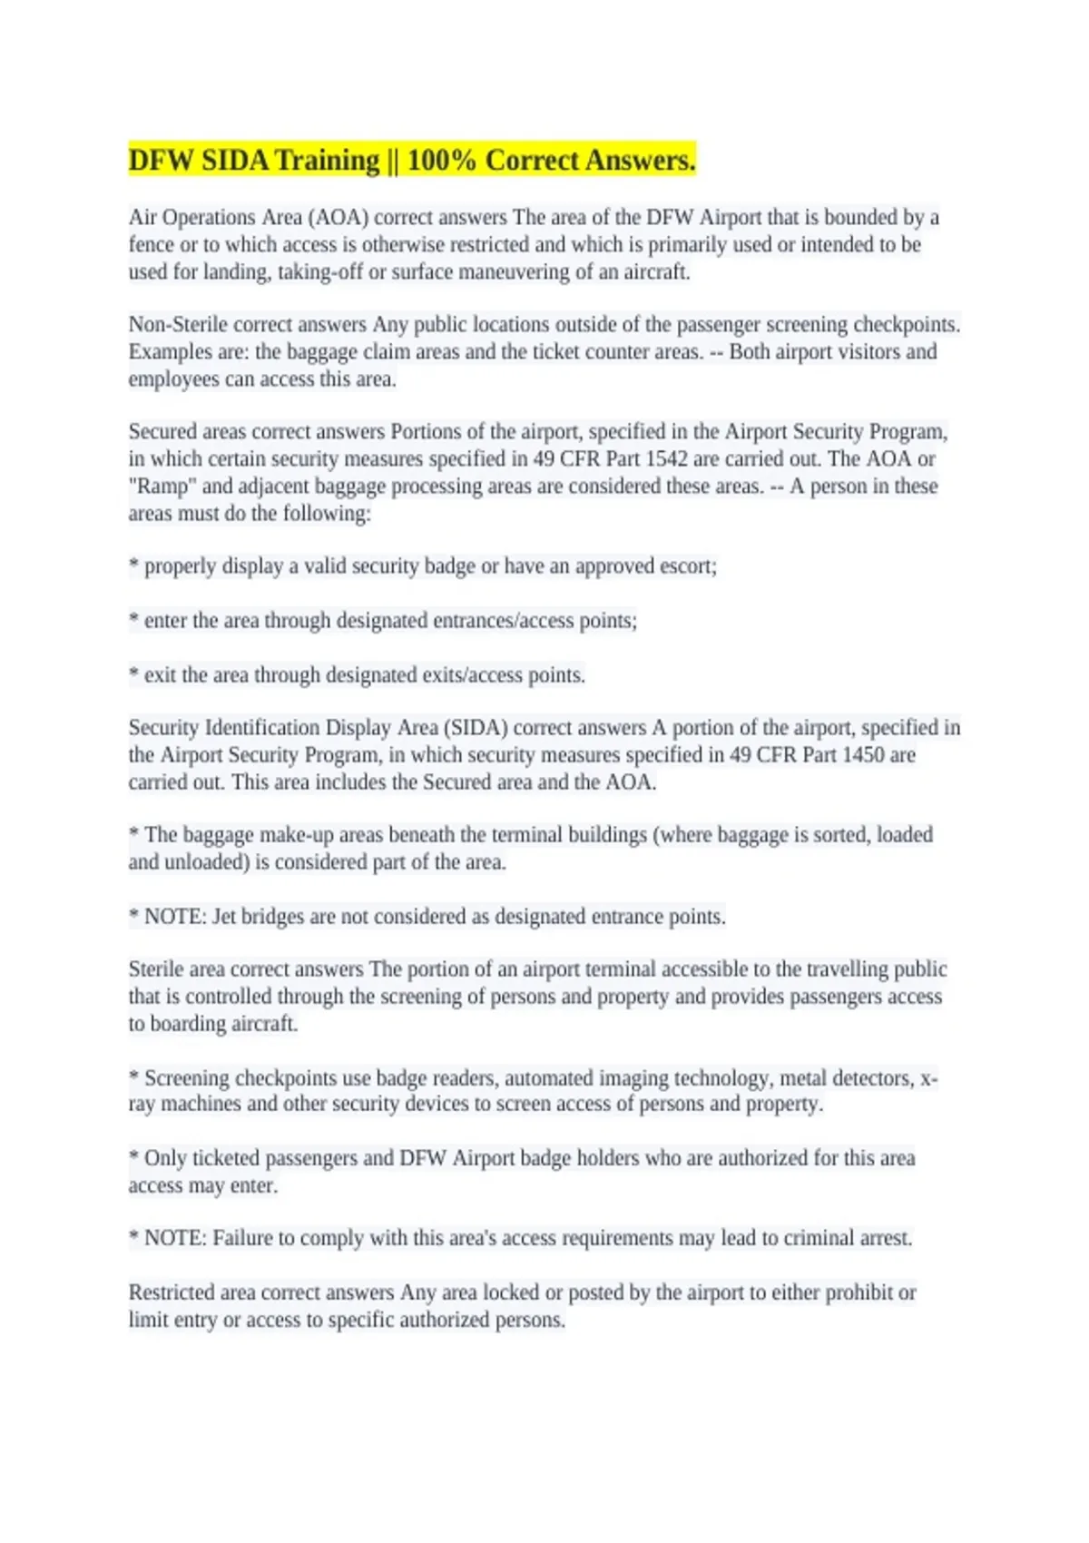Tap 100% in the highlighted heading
tap(441, 161)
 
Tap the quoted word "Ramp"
tap(162, 486)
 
